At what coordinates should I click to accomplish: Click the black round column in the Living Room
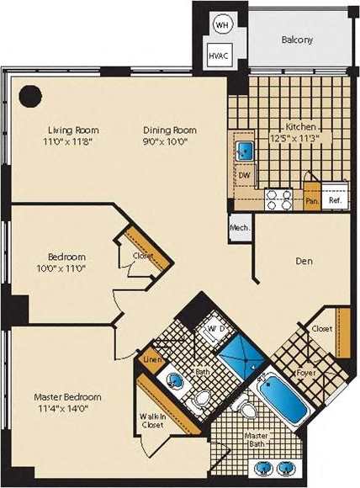coord(31,94)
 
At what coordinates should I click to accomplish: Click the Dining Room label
coord(168,130)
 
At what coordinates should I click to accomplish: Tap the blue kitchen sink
coord(244,151)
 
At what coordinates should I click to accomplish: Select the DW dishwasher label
coord(245,175)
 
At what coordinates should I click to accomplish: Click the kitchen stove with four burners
coord(278,199)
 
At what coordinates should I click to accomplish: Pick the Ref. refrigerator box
coord(334,201)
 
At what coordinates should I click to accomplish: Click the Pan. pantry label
coord(310,202)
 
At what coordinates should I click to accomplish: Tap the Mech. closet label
coord(238,227)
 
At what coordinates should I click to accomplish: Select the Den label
coord(304,262)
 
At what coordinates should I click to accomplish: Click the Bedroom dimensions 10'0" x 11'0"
coord(65,268)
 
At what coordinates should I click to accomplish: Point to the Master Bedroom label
coord(67,396)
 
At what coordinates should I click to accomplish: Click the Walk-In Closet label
coord(152,420)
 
